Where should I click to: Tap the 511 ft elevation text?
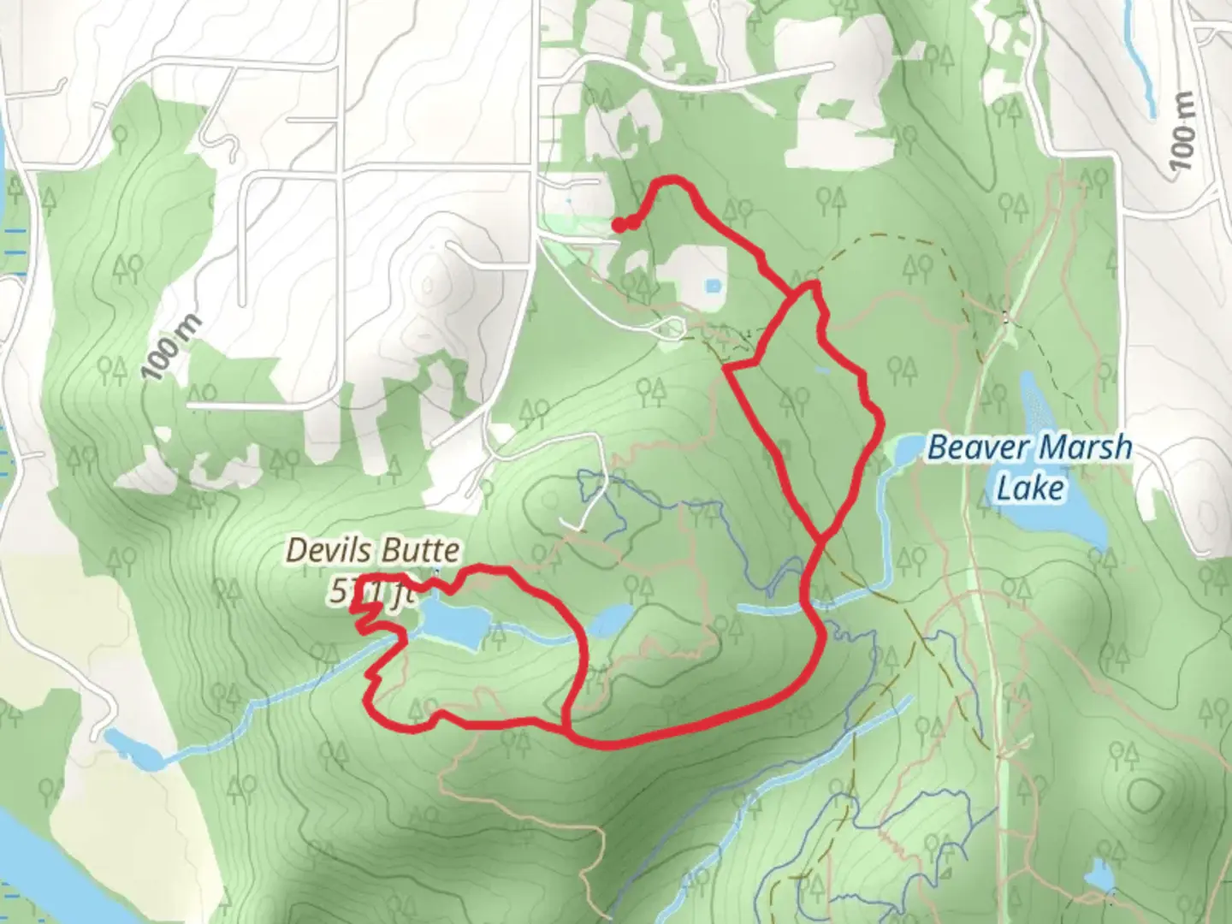[366, 592]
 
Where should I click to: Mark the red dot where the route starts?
[618, 225]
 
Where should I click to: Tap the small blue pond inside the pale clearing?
[711, 285]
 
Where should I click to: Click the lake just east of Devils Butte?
[454, 623]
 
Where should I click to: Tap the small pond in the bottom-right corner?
[1099, 877]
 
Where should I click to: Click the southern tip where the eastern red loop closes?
[822, 538]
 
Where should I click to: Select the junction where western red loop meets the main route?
[567, 729]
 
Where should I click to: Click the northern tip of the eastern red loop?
[812, 286]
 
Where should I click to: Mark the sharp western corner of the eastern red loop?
[726, 369]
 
